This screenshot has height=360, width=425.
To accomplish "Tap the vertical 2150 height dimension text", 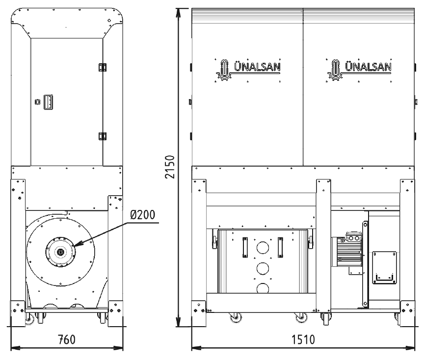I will click(170, 168).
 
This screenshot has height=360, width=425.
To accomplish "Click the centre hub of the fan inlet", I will click(60, 252).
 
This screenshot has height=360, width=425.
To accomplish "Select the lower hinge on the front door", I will click(103, 136).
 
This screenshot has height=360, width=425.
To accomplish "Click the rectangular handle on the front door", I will click(48, 102).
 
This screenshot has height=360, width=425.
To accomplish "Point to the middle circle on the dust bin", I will click(263, 268).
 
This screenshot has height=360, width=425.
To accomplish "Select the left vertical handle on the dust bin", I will click(244, 246).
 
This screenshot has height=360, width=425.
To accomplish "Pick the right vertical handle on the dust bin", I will click(281, 246).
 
